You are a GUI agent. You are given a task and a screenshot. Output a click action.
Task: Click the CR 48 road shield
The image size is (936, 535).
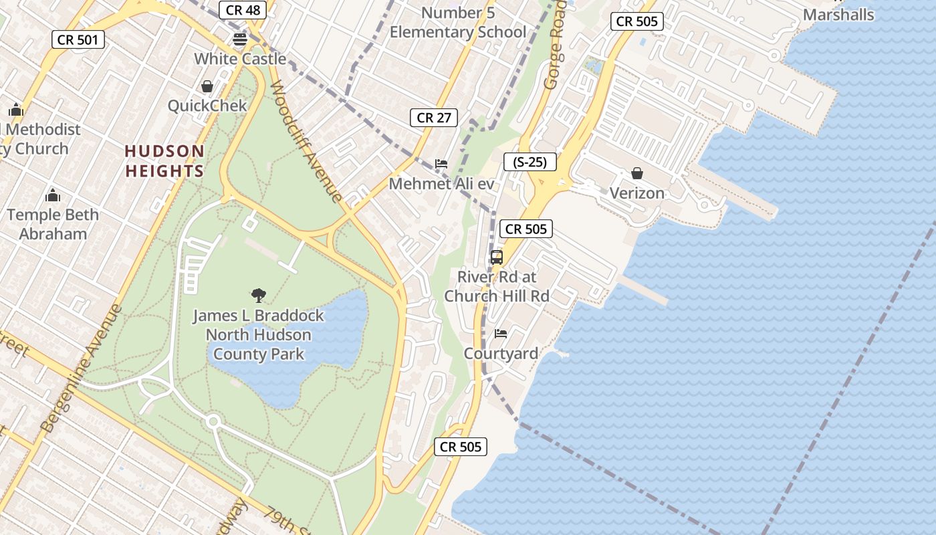243,10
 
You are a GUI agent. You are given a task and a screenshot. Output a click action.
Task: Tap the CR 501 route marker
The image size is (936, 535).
78,39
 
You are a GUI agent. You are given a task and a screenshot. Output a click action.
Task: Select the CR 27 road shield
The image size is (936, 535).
434,118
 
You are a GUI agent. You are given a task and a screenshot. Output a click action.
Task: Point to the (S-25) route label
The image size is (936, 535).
530,162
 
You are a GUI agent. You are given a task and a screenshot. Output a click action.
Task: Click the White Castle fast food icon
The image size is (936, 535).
240,39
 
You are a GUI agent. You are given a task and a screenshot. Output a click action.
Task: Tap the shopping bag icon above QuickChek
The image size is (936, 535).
207,86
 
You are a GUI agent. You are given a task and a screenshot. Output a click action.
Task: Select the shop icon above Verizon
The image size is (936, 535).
637,173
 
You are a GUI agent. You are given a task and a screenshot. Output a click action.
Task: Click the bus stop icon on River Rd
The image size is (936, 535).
496,257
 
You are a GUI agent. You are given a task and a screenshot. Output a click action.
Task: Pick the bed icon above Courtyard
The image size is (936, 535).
500,333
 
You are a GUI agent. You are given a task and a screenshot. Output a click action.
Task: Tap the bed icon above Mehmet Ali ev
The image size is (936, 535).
441,163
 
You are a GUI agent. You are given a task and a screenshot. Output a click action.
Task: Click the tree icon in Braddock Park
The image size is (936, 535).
258,295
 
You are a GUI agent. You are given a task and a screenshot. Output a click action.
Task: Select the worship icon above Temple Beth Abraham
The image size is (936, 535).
53,195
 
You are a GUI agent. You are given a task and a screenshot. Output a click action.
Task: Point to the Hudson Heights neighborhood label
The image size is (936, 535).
164,161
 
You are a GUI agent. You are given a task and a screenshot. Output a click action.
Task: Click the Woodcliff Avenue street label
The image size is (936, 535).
308,142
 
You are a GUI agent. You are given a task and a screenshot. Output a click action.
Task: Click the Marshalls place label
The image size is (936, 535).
838,15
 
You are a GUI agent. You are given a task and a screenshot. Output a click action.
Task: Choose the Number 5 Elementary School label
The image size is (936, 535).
458,22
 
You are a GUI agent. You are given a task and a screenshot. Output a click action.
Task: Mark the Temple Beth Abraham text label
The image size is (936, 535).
53,224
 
